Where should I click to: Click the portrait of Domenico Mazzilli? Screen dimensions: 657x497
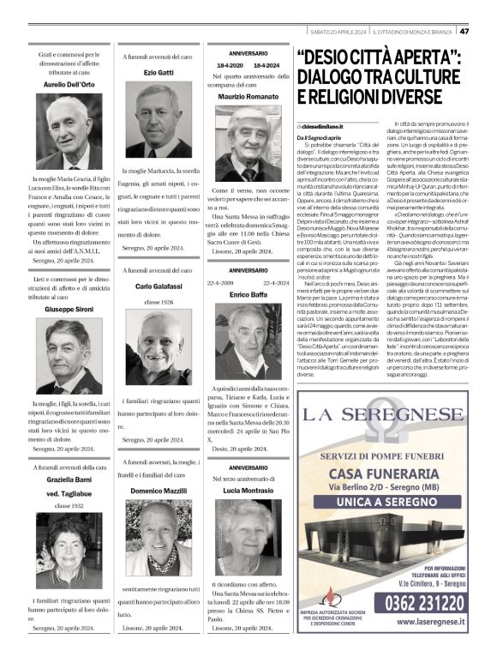159,539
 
